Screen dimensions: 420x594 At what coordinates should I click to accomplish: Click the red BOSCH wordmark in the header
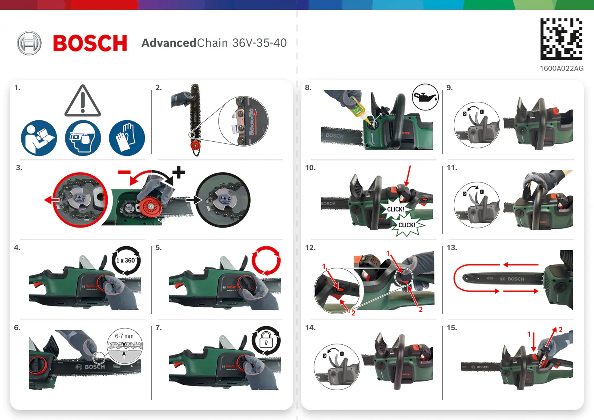(90, 43)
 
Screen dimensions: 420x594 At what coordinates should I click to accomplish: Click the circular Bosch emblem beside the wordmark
(29, 43)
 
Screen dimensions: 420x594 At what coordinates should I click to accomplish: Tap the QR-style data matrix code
(561, 39)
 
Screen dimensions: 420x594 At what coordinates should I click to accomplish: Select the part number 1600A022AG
(562, 68)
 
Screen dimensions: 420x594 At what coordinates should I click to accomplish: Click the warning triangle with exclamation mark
(82, 101)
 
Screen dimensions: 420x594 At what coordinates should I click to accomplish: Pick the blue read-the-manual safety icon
(39, 138)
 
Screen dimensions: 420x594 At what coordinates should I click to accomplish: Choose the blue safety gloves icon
(127, 138)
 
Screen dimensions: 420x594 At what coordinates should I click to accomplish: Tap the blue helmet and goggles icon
(83, 138)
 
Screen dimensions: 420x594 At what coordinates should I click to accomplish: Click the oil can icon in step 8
(425, 97)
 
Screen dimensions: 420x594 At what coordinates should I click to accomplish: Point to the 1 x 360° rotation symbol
(126, 260)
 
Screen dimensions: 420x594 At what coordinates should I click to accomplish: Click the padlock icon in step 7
(266, 340)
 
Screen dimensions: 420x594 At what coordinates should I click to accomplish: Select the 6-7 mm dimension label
(124, 336)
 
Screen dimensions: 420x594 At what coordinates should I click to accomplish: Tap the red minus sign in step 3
(124, 172)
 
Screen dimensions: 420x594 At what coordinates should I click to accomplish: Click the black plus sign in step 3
(179, 172)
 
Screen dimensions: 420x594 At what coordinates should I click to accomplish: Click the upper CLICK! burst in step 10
(395, 209)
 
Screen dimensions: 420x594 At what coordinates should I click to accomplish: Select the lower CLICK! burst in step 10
(407, 225)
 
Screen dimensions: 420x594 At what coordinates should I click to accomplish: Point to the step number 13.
(451, 248)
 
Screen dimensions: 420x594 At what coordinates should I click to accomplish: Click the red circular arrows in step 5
(266, 260)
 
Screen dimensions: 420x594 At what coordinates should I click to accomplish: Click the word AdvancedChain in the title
(169, 43)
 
